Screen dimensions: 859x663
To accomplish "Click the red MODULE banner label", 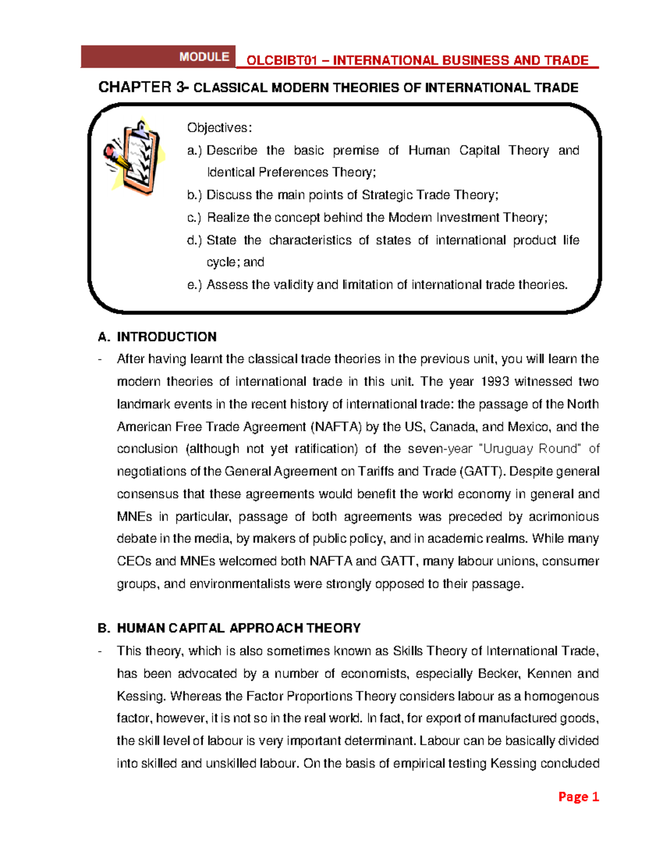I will [x=204, y=57].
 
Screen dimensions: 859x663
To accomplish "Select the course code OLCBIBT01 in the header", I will [x=281, y=61].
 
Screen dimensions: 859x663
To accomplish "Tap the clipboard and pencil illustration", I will [x=133, y=157].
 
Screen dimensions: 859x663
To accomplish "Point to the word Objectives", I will [x=219, y=128].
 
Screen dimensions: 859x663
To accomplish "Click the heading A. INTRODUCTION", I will [x=157, y=337].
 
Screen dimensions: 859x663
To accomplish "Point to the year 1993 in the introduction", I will [x=495, y=382].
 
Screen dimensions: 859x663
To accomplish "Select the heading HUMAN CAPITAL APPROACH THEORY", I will [x=238, y=628].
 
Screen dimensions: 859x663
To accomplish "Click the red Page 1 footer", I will [x=578, y=796].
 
